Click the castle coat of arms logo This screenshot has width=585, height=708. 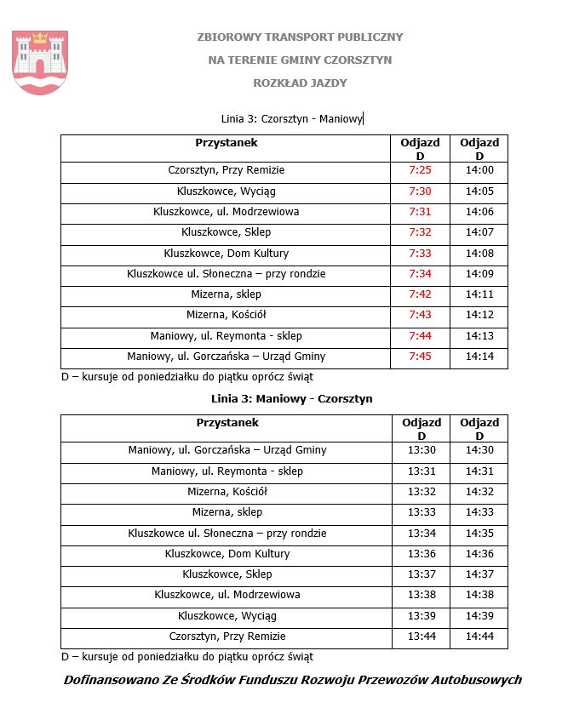click(x=39, y=61)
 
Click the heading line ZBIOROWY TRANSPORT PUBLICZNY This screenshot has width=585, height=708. click(x=300, y=37)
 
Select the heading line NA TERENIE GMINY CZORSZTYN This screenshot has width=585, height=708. click(x=300, y=60)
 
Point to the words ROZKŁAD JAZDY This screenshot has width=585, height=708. click(x=300, y=83)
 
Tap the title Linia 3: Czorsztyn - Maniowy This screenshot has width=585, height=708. click(x=291, y=119)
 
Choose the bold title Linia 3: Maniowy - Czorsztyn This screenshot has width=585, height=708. click(x=291, y=398)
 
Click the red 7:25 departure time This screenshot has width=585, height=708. click(x=420, y=170)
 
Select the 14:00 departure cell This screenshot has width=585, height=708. click(x=479, y=170)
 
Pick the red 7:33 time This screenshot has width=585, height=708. click(x=420, y=254)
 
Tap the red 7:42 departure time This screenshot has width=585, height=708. click(x=420, y=294)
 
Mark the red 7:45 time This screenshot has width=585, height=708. click(x=420, y=357)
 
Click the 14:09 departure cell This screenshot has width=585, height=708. click(x=479, y=274)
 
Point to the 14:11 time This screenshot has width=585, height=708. click(x=479, y=294)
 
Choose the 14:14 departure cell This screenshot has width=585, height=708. click(x=479, y=357)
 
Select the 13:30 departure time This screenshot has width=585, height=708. click(x=422, y=450)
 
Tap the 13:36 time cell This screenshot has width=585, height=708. click(x=422, y=554)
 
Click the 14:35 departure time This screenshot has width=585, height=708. click(x=479, y=534)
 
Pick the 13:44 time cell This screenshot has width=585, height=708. click(x=422, y=637)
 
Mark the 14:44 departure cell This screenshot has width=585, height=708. click(x=479, y=637)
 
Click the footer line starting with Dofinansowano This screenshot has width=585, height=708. click(x=292, y=680)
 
